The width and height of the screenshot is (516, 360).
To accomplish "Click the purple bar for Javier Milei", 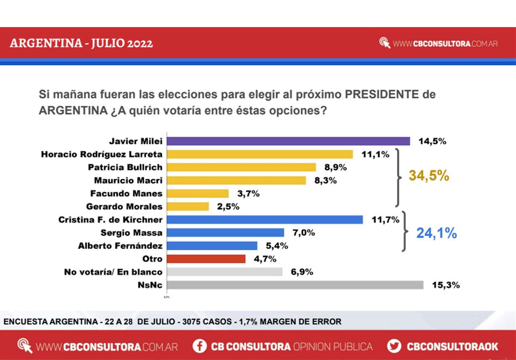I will tap(288, 141).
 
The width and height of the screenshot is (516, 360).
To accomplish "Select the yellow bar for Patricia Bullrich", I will tap(241, 167).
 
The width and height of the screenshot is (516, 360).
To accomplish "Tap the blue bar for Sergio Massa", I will tap(225, 233).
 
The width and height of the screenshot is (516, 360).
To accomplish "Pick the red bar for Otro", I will tap(206, 259).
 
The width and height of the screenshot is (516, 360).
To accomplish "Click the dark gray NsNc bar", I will tap(295, 285).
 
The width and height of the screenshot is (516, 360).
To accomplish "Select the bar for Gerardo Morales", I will tap(188, 206).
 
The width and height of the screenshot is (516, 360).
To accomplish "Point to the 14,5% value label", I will tap(433, 141).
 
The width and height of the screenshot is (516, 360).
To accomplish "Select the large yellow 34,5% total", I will tap(429, 175).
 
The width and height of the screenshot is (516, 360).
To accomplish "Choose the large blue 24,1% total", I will tap(436, 233).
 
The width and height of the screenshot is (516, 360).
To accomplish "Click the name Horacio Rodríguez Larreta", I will tap(102, 154).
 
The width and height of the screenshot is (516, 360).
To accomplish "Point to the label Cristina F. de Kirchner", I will tap(111, 220).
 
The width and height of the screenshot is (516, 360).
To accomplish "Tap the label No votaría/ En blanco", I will tap(113, 272).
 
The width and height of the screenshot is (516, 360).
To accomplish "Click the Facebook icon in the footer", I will tap(199, 346).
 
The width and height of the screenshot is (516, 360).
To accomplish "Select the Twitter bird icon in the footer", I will tap(394, 346).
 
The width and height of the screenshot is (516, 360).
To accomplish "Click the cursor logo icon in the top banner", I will tap(384, 43).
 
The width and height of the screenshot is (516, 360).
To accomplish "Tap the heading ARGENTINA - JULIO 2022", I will tap(81, 43).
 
